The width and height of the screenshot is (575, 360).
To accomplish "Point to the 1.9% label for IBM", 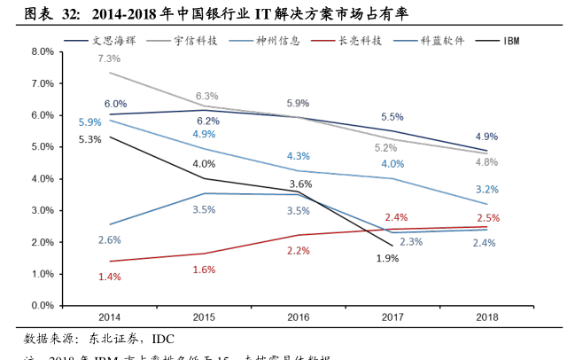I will pos(387,259).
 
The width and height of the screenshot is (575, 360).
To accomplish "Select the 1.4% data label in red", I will pos(109,278).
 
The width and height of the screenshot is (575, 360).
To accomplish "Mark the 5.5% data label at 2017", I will pos(392,117).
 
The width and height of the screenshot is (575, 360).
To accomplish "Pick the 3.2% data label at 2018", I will pos(486,190).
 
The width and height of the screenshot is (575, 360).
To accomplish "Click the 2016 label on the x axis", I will pos(298,317).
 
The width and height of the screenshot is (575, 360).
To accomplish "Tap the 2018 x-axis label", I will pos(486,317).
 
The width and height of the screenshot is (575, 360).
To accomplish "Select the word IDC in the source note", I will pos(163,339).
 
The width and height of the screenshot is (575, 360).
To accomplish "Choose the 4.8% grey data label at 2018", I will pos(486,162).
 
